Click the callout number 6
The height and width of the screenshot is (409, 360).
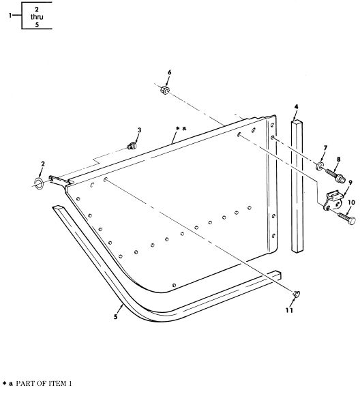[170, 72]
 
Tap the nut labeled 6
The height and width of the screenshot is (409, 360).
[164, 90]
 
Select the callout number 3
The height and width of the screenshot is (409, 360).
[140, 130]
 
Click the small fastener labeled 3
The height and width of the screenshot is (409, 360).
[132, 146]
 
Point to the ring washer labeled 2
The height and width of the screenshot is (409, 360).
[39, 183]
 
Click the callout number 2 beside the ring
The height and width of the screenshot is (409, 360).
[43, 164]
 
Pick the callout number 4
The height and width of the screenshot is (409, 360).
[296, 107]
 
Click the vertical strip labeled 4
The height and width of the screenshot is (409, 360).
[297, 186]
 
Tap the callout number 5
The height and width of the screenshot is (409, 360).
[115, 317]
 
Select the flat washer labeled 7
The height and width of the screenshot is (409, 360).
[319, 166]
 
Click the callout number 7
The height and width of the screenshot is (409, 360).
[325, 148]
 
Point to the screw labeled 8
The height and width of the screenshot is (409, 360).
[335, 175]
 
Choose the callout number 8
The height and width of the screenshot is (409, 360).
[338, 159]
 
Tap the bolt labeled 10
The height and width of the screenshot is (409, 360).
[346, 217]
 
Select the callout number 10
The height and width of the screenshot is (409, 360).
[351, 202]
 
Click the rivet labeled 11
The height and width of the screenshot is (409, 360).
[297, 294]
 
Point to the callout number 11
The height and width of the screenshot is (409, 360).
[289, 310]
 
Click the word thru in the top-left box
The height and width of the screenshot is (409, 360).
[37, 17]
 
